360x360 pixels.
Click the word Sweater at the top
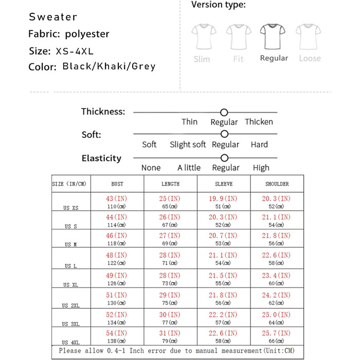53,17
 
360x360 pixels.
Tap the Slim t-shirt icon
202,37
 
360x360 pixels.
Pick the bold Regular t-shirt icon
274,37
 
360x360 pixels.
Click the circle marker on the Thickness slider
224,112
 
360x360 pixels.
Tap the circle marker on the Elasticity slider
224,158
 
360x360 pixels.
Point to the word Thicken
259,122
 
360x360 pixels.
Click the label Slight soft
188,145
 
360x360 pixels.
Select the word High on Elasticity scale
261,168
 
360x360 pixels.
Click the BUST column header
117,184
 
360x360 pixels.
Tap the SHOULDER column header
277,184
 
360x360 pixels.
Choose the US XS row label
71,208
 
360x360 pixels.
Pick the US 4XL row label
71,343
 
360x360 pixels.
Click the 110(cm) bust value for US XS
117,207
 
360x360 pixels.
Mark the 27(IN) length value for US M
170,236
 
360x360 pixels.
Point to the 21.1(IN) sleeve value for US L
223,255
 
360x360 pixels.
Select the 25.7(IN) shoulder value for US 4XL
276,333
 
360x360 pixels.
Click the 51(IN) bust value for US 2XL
117,295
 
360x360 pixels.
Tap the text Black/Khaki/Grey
109,66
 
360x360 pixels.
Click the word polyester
87,34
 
